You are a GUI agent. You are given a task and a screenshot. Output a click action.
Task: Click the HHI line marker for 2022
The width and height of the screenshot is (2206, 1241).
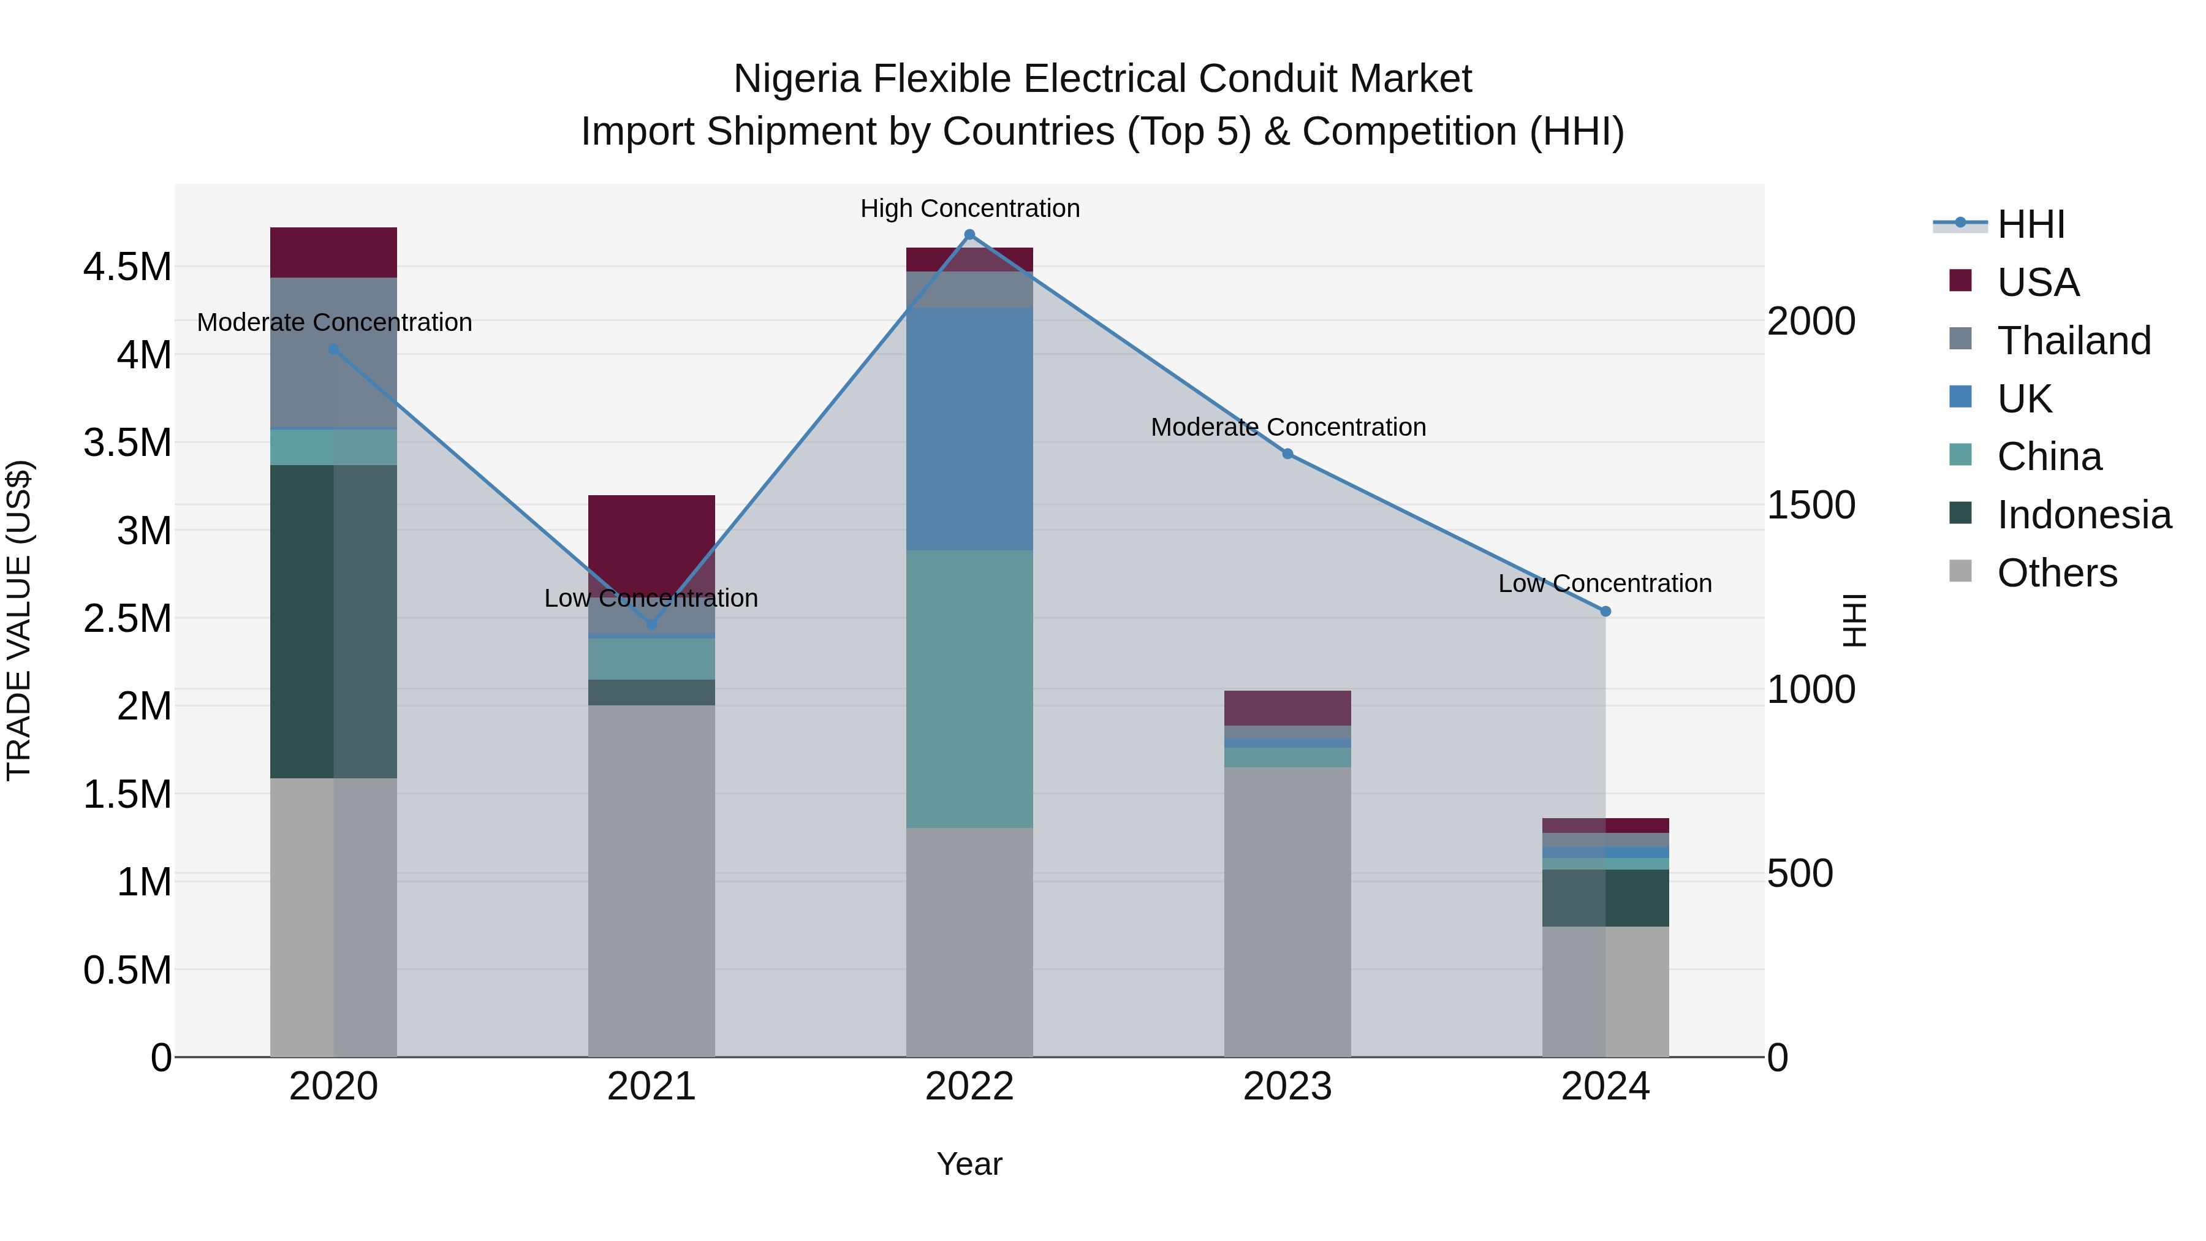[x=969, y=235]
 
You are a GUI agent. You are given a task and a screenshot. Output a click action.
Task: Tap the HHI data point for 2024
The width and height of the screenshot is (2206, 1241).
[x=1605, y=612]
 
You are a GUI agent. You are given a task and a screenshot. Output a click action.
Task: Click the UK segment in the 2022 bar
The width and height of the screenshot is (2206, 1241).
[x=969, y=428]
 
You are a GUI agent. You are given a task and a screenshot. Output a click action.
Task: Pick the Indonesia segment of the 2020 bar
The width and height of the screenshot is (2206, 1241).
[x=333, y=621]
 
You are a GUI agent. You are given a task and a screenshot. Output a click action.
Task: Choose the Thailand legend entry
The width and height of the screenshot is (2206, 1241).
[x=2073, y=340]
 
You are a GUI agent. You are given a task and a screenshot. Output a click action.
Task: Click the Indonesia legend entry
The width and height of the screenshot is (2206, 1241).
[x=2083, y=515]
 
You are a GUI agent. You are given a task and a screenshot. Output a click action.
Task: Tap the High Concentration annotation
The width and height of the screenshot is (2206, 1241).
[x=969, y=208]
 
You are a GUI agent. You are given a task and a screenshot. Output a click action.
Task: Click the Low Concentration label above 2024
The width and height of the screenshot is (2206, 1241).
[x=1605, y=583]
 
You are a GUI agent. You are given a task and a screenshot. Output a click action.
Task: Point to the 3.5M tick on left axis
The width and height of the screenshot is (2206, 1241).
[x=127, y=443]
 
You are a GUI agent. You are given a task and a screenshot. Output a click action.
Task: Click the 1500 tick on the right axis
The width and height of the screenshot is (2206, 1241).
[x=1810, y=506]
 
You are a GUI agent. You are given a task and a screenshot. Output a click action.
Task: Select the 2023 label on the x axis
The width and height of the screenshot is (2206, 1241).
[x=1287, y=1087]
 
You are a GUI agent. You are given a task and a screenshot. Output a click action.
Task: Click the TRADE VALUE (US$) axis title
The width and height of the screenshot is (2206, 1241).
[x=19, y=620]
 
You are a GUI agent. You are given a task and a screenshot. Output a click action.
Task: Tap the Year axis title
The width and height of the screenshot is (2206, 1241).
[x=969, y=1164]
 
